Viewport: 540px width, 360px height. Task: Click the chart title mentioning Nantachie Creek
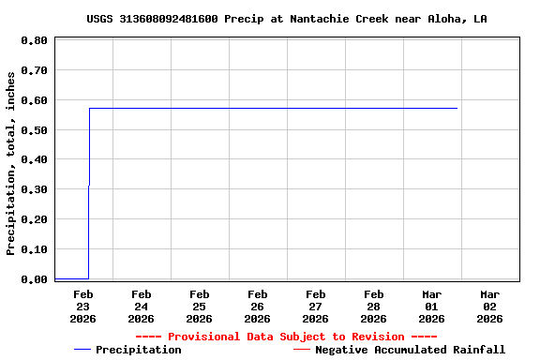click(x=286, y=19)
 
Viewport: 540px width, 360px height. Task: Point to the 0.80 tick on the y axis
click(x=34, y=41)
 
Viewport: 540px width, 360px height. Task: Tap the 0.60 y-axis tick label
click(x=34, y=100)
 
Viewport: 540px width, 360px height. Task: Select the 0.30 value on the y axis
click(x=34, y=189)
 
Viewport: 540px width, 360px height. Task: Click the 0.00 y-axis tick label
click(x=34, y=278)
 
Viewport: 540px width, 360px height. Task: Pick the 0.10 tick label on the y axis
click(x=34, y=249)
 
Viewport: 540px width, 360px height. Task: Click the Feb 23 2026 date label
click(x=82, y=306)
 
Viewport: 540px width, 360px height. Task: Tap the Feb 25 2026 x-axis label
click(x=199, y=306)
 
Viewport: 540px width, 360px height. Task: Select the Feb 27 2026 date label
click(x=315, y=306)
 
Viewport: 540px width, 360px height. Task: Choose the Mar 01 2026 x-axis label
click(x=431, y=306)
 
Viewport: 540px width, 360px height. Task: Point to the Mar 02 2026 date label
click(x=489, y=306)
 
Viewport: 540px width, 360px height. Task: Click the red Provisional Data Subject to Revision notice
click(x=286, y=337)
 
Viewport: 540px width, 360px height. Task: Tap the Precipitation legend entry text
click(x=138, y=350)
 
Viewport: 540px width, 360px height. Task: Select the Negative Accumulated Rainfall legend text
click(x=410, y=350)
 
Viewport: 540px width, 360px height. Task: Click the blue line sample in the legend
click(x=82, y=350)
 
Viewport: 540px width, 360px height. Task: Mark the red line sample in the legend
click(x=301, y=350)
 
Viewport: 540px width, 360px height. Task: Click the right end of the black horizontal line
click(x=457, y=108)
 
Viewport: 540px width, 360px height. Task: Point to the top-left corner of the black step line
click(x=89, y=108)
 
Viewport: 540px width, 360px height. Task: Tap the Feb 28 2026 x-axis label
click(x=373, y=306)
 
